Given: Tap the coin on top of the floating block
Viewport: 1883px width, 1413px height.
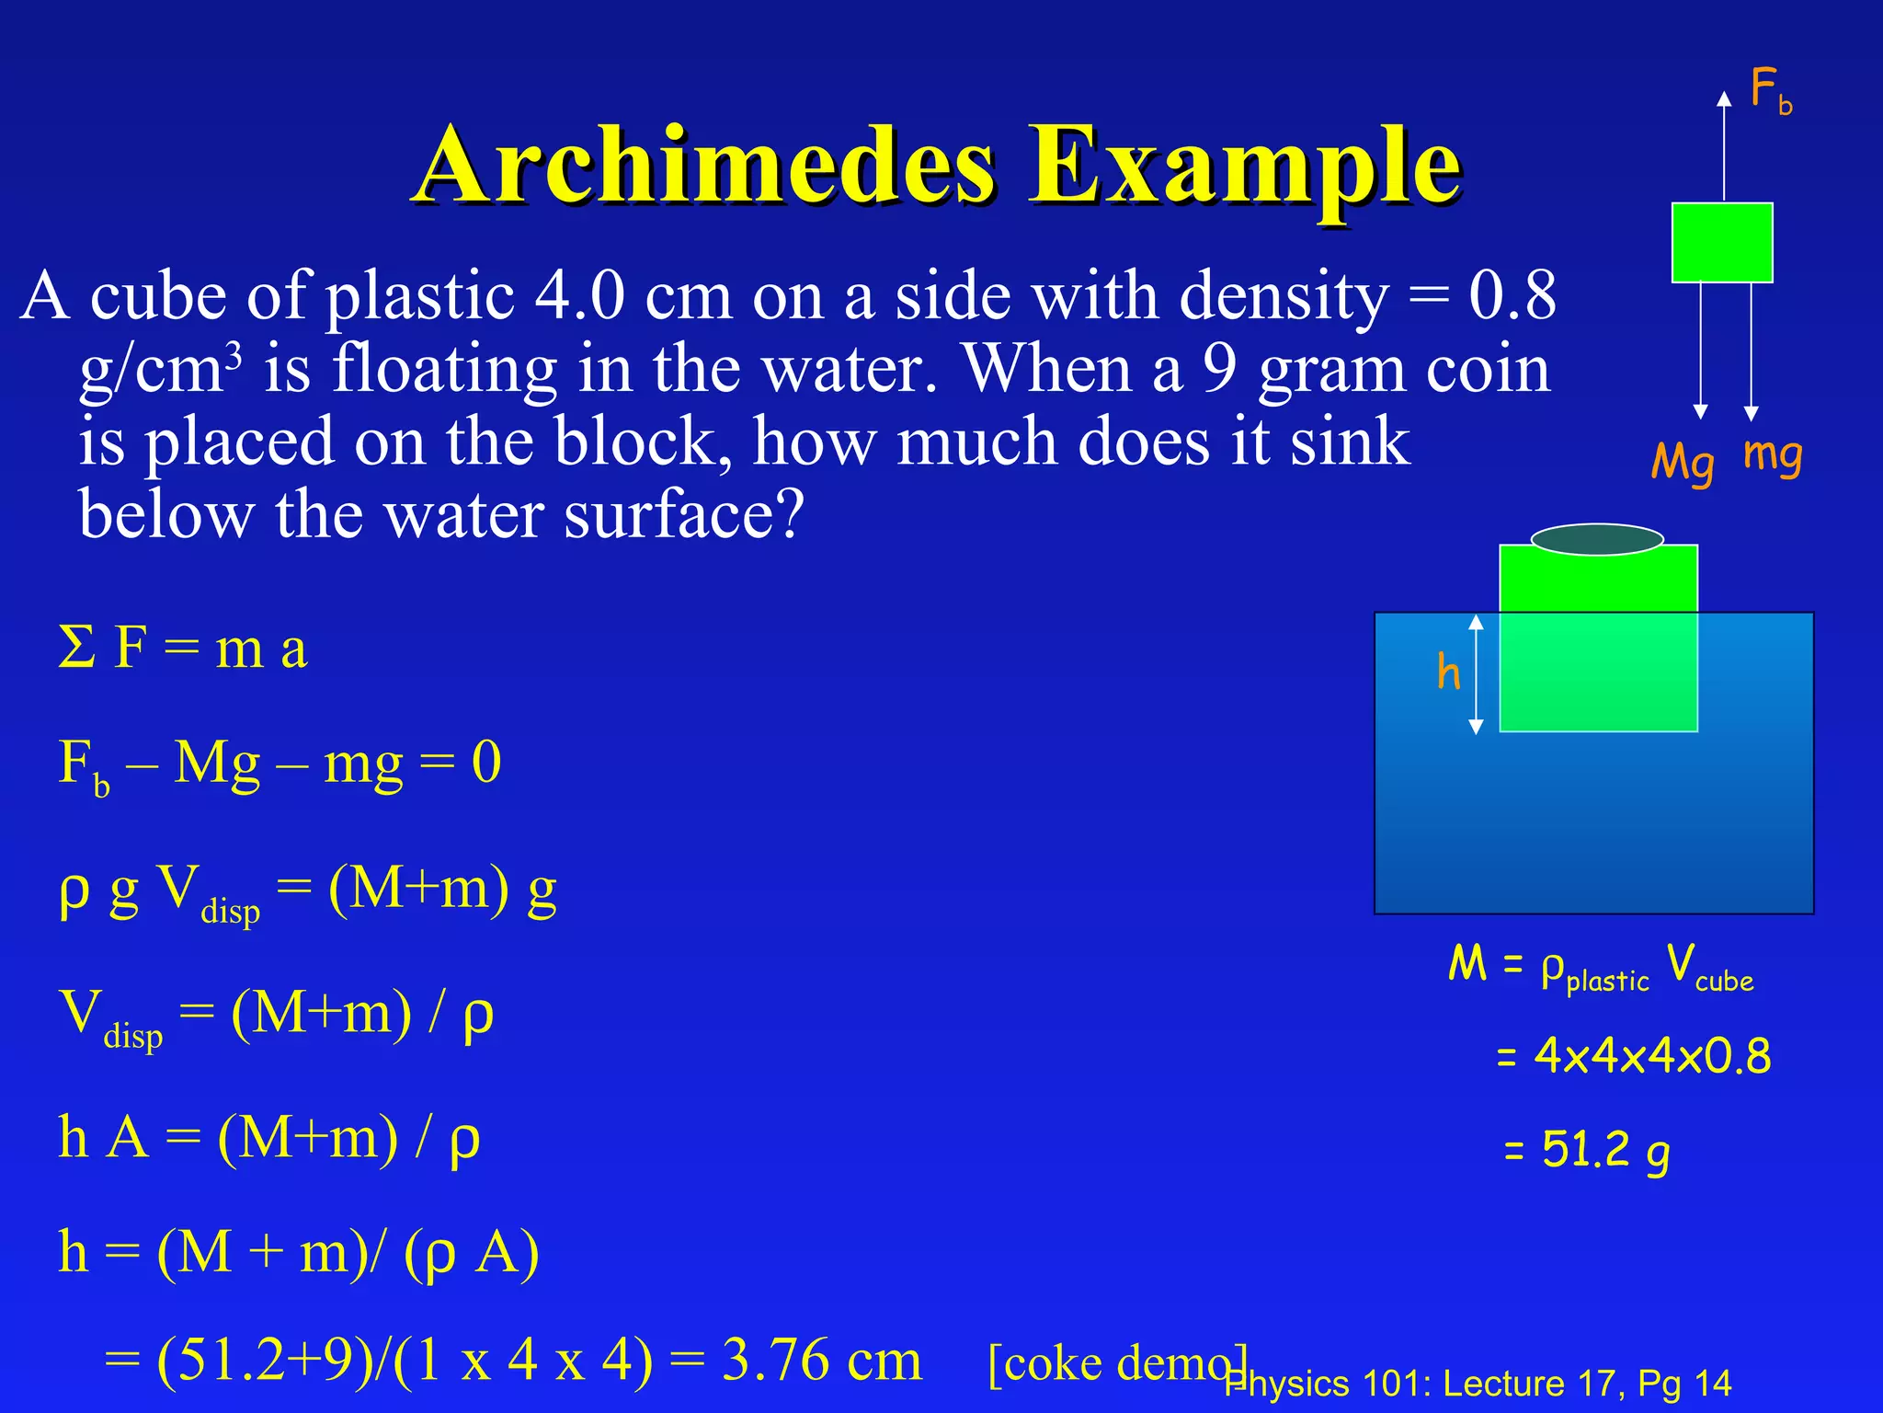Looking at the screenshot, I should (1597, 539).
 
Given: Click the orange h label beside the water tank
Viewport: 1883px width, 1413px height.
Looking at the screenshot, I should (1448, 672).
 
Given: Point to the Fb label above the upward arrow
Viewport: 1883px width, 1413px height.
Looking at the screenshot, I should (1770, 92).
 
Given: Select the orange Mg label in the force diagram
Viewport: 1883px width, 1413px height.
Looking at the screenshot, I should (1683, 462).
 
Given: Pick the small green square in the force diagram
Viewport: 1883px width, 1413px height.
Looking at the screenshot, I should (1721, 243).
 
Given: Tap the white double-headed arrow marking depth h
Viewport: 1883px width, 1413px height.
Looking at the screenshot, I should (1476, 673).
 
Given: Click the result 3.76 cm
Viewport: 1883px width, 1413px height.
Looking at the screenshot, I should (821, 1360).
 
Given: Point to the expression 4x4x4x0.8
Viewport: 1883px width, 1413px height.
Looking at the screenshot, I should (1651, 1056).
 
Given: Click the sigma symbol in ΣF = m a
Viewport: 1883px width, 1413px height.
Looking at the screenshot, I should (76, 648).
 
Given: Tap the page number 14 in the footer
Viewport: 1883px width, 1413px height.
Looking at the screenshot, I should (1712, 1384).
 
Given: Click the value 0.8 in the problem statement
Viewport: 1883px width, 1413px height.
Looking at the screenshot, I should (1512, 296).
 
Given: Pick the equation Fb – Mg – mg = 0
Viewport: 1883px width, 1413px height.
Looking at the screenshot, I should (280, 764).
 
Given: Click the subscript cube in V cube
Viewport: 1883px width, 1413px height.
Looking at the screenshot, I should (1724, 982).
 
